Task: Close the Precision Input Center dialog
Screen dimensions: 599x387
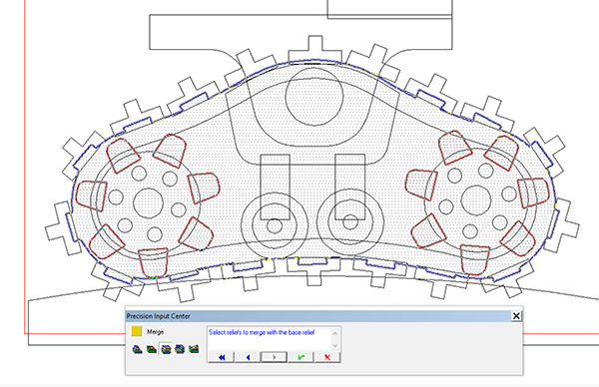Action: point(516,316)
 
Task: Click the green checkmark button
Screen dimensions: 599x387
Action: point(300,357)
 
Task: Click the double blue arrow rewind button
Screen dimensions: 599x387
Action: point(222,357)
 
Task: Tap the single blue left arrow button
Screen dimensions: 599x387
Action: point(248,357)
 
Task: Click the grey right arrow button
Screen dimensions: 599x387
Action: point(274,357)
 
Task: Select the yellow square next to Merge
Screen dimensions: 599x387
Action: point(137,331)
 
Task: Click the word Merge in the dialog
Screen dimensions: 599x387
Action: point(155,332)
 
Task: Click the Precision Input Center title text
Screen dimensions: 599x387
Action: point(158,316)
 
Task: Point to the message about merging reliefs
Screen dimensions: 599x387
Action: point(262,332)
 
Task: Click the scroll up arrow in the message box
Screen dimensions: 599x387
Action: point(335,333)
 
